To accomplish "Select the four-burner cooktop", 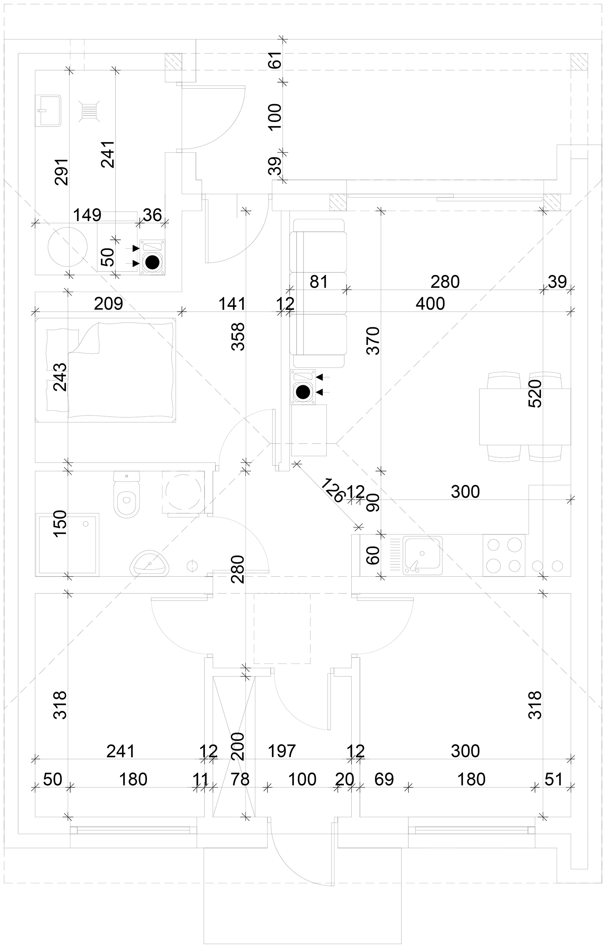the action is [x=504, y=555].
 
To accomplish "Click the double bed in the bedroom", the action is [x=106, y=370].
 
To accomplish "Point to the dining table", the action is [x=525, y=416].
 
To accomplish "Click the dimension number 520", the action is [x=536, y=393].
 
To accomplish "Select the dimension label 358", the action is [x=238, y=337].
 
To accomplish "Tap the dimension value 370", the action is [x=373, y=340].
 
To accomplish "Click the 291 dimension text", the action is [x=62, y=172].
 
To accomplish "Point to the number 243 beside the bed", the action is [x=60, y=377].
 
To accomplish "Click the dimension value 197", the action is [x=281, y=751].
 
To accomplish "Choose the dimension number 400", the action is [x=430, y=304].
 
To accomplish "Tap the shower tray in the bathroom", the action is [x=67, y=545].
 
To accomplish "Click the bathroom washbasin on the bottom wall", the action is [x=150, y=564].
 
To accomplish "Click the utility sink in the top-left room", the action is [x=48, y=111].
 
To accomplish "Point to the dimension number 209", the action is [x=109, y=304].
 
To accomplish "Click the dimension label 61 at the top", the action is [x=276, y=60].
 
